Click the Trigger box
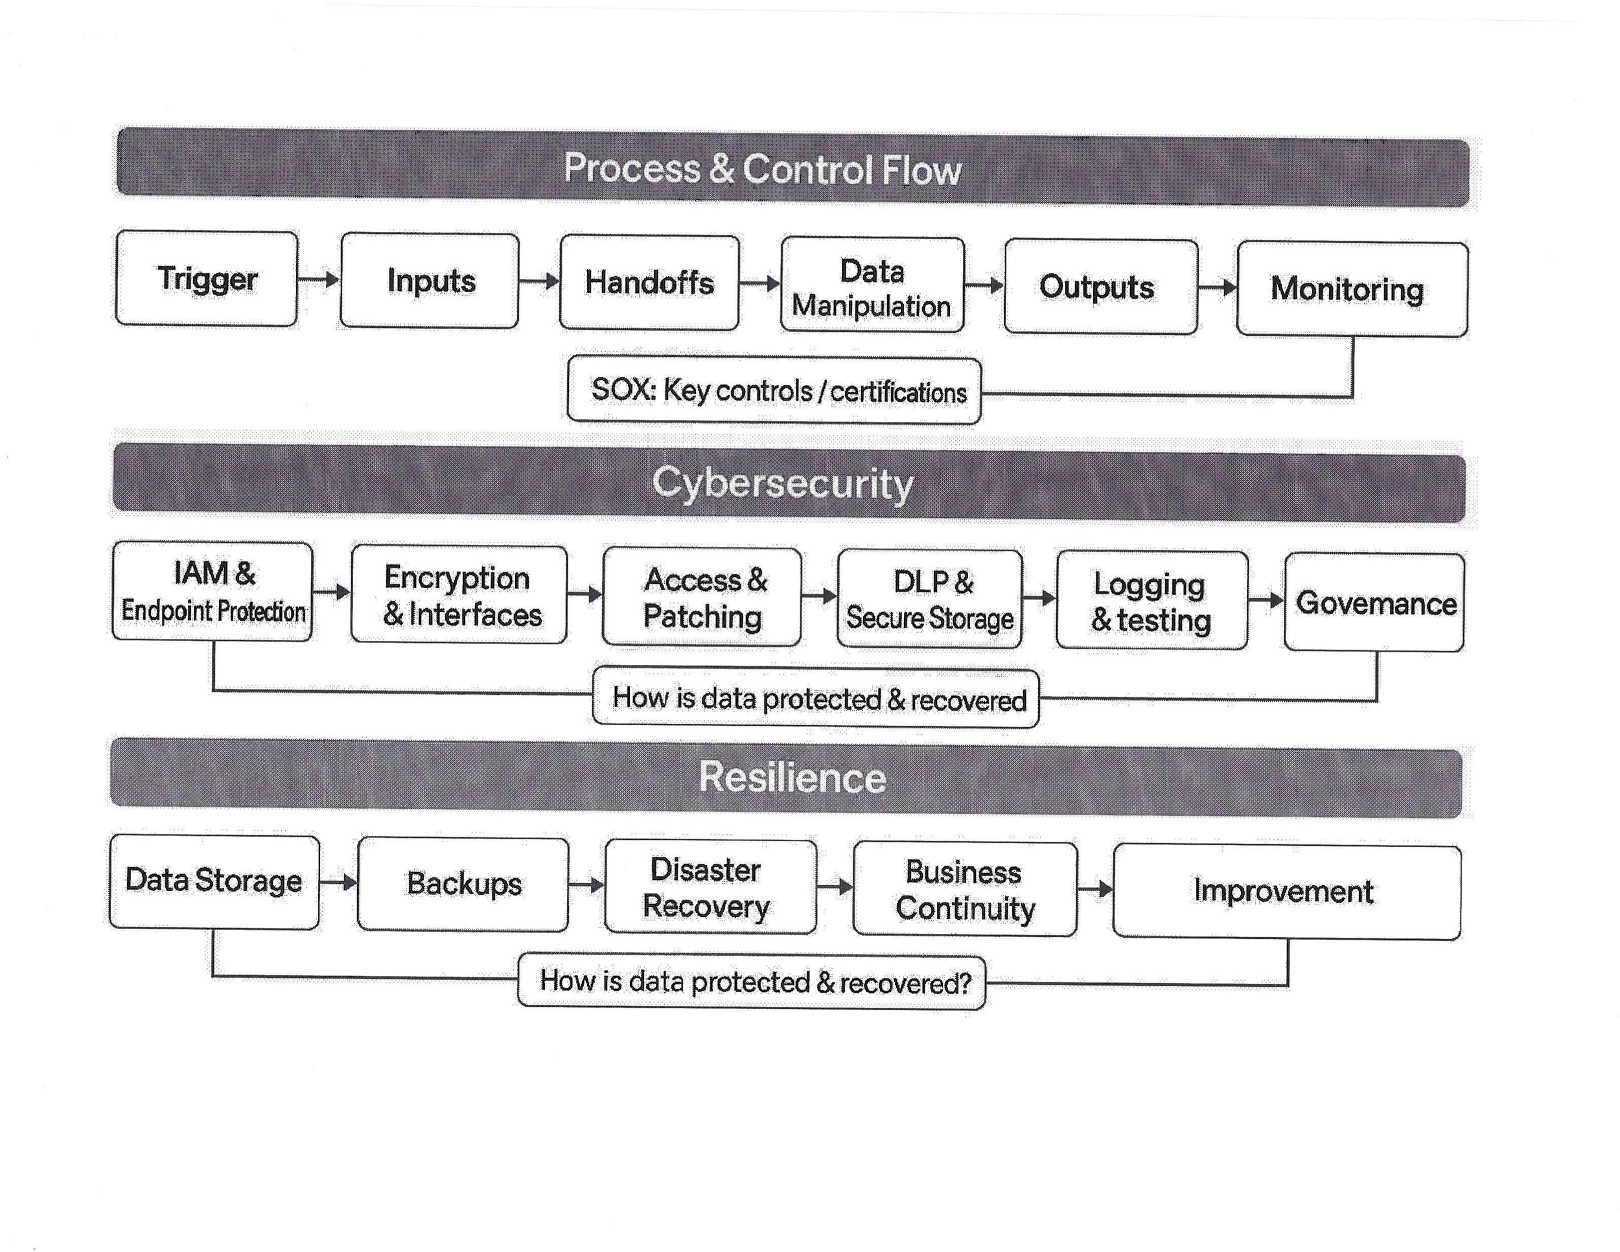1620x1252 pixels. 207,279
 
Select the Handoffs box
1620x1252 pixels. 649,283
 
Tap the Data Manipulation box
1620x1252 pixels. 872,286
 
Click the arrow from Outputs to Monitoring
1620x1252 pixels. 1217,288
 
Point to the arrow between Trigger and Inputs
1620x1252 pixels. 318,279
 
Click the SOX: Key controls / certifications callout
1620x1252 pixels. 774,391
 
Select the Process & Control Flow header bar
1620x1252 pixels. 793,169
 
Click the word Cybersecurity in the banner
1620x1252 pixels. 782,483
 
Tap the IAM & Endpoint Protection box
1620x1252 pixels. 213,592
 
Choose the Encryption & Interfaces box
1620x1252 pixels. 459,595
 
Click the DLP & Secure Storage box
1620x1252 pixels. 930,599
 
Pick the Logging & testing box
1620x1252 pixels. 1152,601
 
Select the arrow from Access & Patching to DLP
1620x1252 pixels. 820,596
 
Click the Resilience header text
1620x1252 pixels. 793,777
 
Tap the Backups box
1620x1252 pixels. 463,884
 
